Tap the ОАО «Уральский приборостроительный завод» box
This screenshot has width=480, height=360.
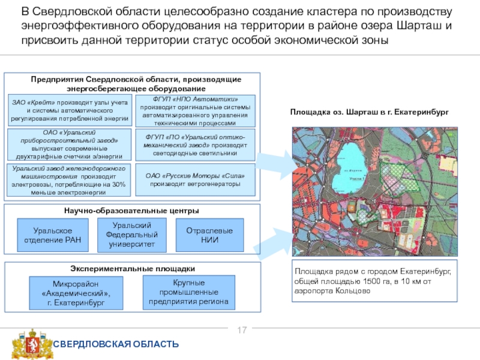click(71, 145)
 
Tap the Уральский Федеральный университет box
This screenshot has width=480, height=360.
click(131, 235)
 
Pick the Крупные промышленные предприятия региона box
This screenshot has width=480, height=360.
click(188, 292)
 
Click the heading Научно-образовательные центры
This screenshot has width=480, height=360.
click(131, 211)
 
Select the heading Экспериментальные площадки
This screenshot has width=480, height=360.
click(131, 268)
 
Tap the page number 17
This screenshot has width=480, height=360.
click(243, 331)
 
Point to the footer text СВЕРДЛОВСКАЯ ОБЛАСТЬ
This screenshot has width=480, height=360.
click(116, 344)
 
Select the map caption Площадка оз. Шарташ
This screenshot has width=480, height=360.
click(368, 112)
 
